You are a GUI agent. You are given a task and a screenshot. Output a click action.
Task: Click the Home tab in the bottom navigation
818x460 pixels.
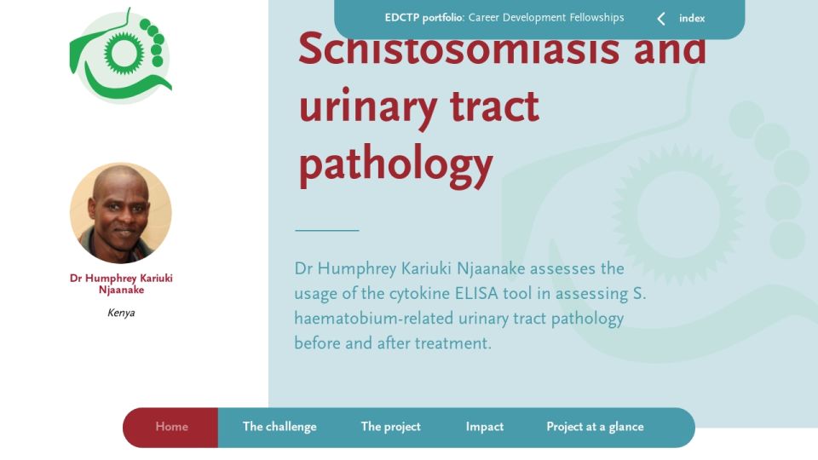click(171, 427)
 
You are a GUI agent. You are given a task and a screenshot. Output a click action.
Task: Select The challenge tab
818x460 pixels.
click(279, 427)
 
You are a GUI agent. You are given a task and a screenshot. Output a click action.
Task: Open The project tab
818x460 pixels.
click(391, 427)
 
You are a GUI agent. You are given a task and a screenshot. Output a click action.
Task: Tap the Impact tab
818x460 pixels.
click(485, 427)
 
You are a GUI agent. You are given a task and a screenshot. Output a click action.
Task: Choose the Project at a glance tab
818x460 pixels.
click(595, 427)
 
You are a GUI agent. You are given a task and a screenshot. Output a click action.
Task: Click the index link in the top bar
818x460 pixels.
click(692, 18)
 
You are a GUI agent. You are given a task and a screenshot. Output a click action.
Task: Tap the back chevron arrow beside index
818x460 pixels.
click(661, 19)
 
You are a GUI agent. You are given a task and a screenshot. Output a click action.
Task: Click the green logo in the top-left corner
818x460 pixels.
click(121, 55)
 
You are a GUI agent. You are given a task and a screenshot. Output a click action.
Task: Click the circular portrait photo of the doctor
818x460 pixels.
click(120, 213)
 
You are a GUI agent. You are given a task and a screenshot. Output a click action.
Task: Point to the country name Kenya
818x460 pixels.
click(121, 313)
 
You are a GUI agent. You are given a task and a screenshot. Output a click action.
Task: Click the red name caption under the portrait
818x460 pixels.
click(121, 284)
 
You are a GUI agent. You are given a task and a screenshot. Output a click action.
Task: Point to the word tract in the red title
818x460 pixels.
click(494, 106)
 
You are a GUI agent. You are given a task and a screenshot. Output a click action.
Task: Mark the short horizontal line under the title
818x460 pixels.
click(327, 230)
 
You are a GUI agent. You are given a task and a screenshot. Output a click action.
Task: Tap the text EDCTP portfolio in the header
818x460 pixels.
click(424, 18)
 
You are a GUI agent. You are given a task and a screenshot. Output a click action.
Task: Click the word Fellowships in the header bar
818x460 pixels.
click(596, 18)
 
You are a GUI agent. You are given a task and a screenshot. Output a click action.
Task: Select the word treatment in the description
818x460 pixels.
click(452, 343)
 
